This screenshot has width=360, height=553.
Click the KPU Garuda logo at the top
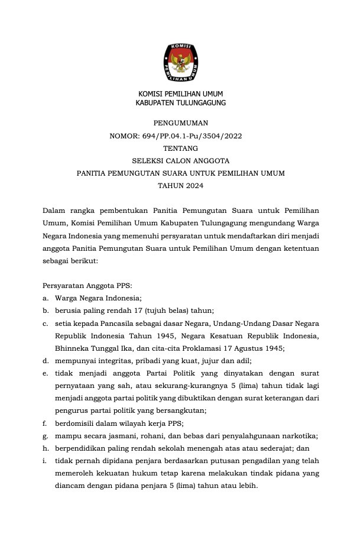tap(180, 63)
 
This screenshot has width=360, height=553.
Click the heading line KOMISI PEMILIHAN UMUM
tap(180, 93)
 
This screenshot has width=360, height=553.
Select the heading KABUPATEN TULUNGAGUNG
tap(180, 102)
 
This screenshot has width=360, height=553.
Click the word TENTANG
tap(180, 148)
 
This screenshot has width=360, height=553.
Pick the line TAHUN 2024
tap(180, 185)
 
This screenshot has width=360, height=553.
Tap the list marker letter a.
tap(45, 297)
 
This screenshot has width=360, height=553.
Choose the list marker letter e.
tap(45, 373)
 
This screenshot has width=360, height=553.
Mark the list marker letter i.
tap(44, 461)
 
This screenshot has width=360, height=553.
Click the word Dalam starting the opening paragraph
tap(54, 210)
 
